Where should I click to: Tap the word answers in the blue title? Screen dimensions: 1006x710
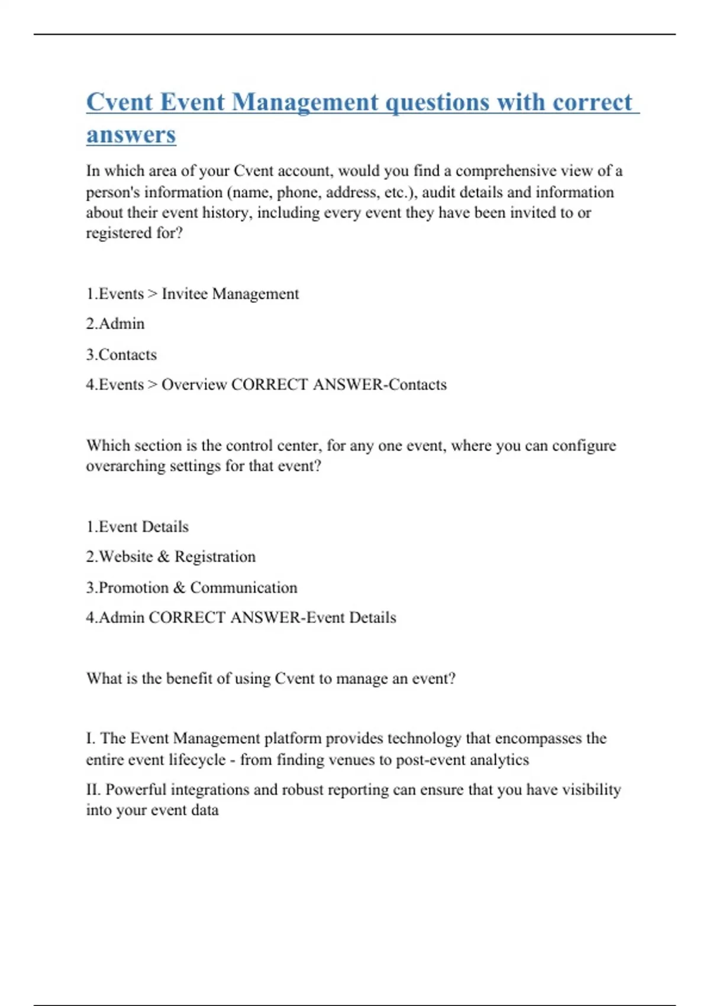coord(131,134)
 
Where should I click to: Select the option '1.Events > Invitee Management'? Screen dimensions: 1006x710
coord(192,294)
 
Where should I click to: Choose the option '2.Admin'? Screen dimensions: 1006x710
coord(115,324)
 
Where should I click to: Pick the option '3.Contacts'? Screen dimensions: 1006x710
coord(121,354)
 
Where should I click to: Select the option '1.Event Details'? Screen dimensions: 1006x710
coord(137,527)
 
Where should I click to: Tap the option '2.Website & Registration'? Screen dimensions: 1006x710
coord(171,557)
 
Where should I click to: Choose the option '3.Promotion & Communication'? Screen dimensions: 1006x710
coord(192,588)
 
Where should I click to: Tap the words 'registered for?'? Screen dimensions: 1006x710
coord(134,233)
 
